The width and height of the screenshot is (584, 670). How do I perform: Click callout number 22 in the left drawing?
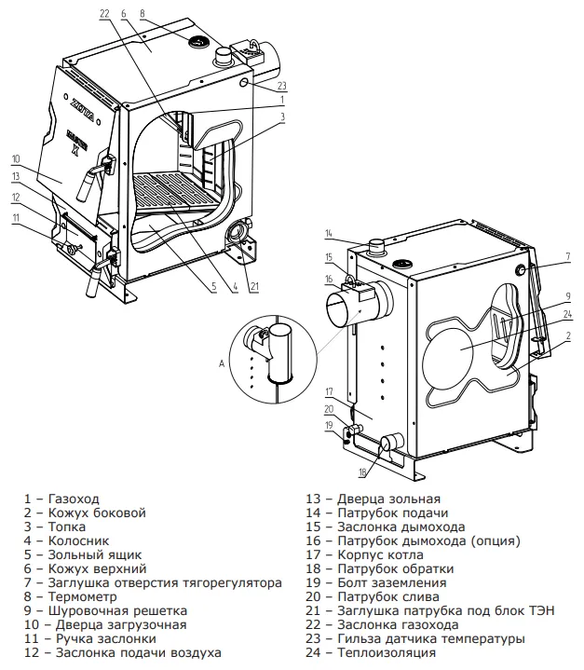click(104, 13)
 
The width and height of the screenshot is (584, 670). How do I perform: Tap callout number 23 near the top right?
click(281, 86)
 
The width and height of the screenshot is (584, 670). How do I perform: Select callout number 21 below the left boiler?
click(254, 286)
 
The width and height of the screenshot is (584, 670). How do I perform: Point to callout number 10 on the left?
click(16, 159)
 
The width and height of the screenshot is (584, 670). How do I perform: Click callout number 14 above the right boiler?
click(329, 233)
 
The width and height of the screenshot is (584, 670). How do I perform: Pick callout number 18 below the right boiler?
click(362, 472)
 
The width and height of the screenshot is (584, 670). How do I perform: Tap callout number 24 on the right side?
click(567, 314)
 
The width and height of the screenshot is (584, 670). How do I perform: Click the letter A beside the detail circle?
click(222, 363)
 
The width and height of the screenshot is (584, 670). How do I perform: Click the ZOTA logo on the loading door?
click(83, 109)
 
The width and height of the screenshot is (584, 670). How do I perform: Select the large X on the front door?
click(75, 149)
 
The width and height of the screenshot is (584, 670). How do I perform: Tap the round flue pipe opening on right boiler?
click(341, 309)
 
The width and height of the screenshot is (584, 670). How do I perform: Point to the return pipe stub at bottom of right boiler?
click(391, 443)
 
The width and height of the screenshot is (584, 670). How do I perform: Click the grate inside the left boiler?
click(176, 191)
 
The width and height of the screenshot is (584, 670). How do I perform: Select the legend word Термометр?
click(83, 596)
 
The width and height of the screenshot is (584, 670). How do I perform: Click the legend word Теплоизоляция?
click(387, 652)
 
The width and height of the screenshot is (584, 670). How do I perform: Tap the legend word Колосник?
click(78, 540)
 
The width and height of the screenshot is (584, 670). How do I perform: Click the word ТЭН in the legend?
click(539, 610)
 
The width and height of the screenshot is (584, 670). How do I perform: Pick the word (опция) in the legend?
click(496, 541)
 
